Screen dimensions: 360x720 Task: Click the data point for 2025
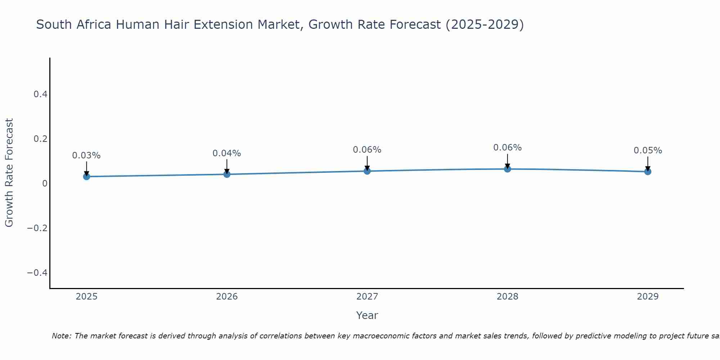pos(86,176)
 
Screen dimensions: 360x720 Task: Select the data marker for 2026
pos(227,174)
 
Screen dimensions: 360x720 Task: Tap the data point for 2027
pos(367,171)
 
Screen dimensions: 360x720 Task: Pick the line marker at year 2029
pos(648,172)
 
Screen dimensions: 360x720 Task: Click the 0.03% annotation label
pos(86,156)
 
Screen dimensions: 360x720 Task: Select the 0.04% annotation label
pos(227,153)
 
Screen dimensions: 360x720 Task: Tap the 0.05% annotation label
pos(648,150)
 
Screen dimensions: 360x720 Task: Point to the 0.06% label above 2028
pos(507,148)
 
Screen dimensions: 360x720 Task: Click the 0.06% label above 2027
pos(367,150)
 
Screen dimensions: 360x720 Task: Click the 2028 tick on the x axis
pos(507,297)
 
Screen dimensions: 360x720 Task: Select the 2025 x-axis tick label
pos(87,297)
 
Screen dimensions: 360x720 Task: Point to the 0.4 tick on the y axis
pos(40,94)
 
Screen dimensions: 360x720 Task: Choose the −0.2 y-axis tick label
pos(37,228)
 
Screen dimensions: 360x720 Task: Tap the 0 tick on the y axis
pos(45,184)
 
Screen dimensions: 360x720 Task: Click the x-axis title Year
pos(367,316)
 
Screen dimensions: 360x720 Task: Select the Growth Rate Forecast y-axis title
pos(9,173)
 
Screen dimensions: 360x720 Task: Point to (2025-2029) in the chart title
pos(485,24)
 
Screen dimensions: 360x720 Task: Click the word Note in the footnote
pos(62,336)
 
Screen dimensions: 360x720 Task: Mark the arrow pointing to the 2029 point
pos(648,163)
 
